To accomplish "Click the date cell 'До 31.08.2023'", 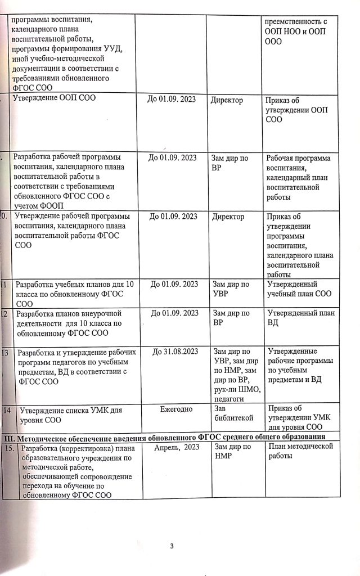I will [175, 352].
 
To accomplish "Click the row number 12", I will [4, 313].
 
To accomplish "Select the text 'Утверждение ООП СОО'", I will [55, 100].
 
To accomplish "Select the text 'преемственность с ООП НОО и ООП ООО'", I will [296, 31].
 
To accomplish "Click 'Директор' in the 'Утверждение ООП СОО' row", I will [227, 100].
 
